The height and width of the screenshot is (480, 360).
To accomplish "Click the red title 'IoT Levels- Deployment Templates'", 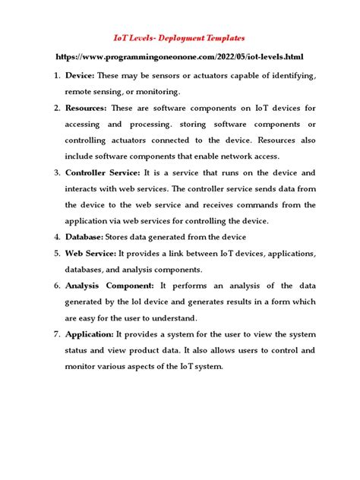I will point(180,36).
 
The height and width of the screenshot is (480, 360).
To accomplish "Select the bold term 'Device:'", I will point(81,77).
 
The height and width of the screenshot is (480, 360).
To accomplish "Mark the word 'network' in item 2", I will point(239,156).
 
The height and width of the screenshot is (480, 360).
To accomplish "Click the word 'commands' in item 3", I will point(273,205).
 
